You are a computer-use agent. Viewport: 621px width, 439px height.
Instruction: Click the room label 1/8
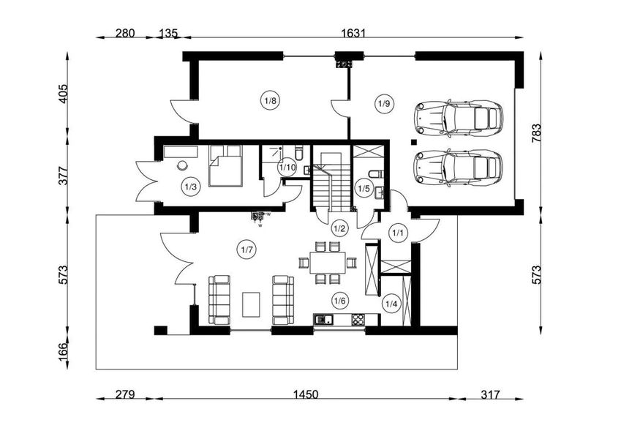click(270, 100)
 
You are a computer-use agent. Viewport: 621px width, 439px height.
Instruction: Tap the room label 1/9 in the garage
click(384, 103)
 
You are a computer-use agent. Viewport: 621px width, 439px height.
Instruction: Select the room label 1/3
click(190, 187)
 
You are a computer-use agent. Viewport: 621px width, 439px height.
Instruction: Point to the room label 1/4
click(391, 304)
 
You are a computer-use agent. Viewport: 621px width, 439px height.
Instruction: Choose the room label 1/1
click(398, 233)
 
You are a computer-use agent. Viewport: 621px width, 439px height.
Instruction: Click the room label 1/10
click(287, 168)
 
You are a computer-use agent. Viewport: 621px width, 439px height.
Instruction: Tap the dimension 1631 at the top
click(353, 33)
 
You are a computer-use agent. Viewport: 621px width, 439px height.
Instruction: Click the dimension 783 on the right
click(537, 132)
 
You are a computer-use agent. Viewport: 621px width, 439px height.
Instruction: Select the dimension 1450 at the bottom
click(306, 395)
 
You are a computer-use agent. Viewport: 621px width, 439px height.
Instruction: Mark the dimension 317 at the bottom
click(490, 395)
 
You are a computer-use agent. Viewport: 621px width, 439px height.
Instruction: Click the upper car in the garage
click(458, 117)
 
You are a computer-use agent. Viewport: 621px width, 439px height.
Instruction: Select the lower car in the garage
click(458, 168)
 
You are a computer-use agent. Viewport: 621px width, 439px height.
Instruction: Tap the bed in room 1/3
click(225, 169)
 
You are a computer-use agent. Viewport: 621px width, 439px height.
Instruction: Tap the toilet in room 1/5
click(375, 174)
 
